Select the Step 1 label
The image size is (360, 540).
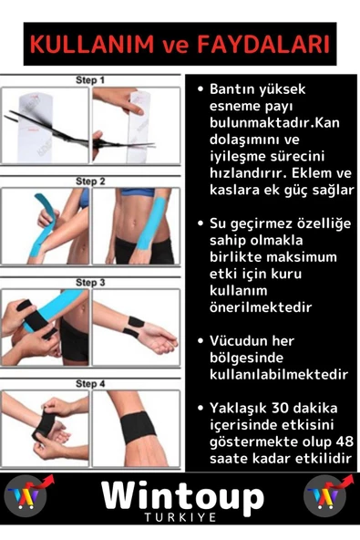tap(90, 80)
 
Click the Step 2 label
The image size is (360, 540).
tap(90, 182)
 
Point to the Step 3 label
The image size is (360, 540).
tap(90, 283)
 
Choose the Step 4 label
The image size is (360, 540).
tap(90, 384)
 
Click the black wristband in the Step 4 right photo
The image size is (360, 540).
tap(139, 426)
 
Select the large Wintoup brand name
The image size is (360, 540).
tap(182, 497)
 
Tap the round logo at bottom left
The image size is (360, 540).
tap(26, 496)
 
